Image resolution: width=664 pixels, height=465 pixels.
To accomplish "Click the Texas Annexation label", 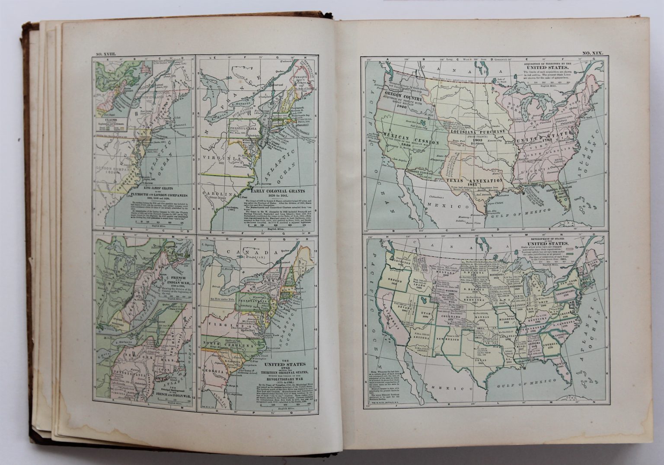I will point(479,180).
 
